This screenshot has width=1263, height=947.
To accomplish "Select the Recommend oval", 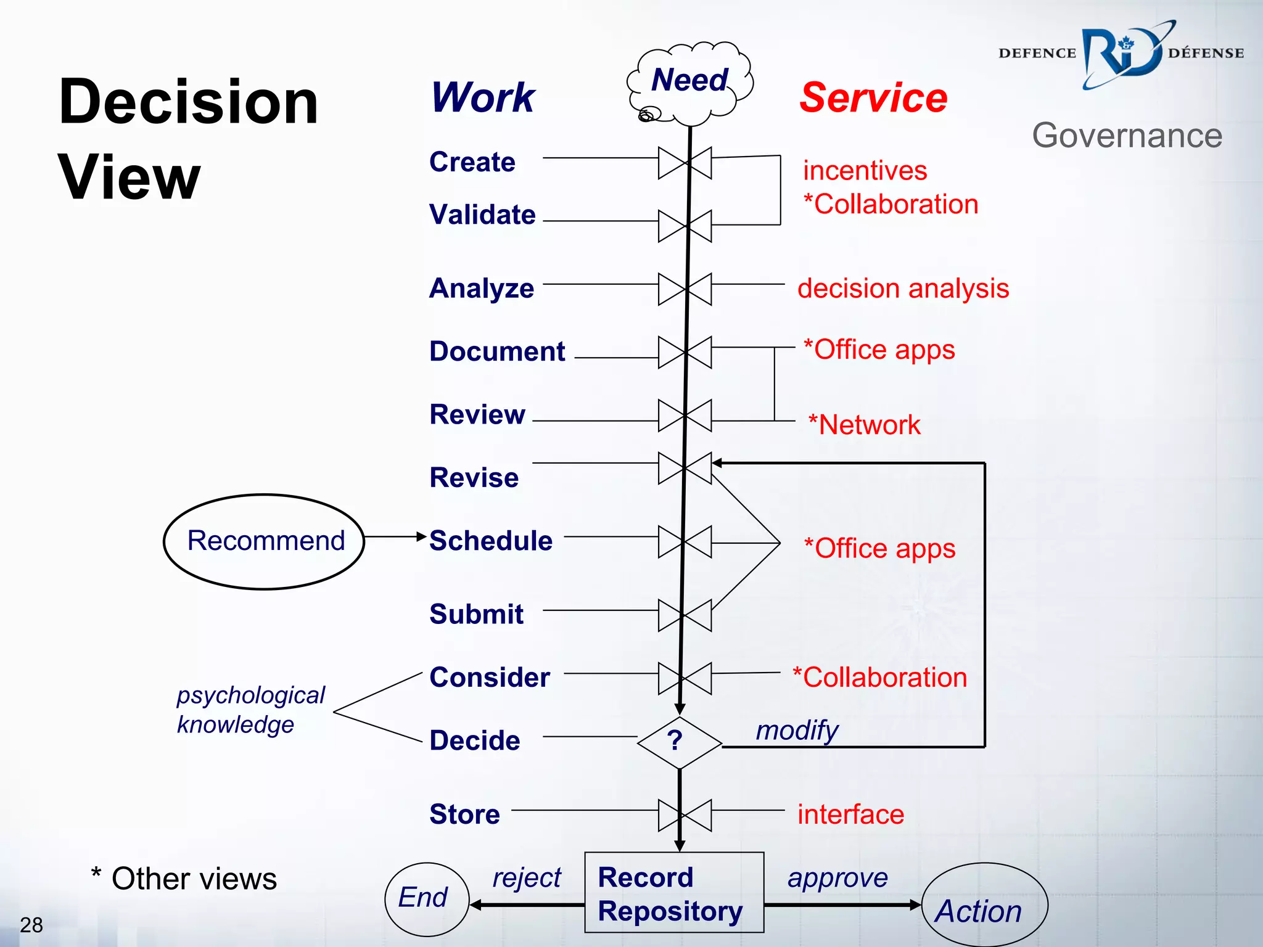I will (x=265, y=541).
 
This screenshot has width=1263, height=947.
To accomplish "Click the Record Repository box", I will (x=673, y=893).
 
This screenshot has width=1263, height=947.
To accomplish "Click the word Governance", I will (x=1127, y=136).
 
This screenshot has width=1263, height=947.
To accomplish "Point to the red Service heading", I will (x=873, y=98).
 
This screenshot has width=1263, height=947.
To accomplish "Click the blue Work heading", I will (x=483, y=98).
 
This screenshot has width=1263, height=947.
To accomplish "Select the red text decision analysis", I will (x=903, y=289).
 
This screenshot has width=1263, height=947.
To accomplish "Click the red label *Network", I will (x=864, y=425).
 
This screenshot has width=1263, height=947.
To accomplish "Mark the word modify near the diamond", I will (x=797, y=731).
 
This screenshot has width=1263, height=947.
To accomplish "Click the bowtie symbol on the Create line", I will (x=685, y=163).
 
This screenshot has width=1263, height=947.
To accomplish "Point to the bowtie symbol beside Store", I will (x=685, y=815).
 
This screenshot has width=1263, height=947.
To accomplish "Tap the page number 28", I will (x=31, y=925).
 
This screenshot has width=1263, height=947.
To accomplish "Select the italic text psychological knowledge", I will (x=250, y=710).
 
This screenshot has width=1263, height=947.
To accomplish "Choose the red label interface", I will (x=850, y=814).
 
